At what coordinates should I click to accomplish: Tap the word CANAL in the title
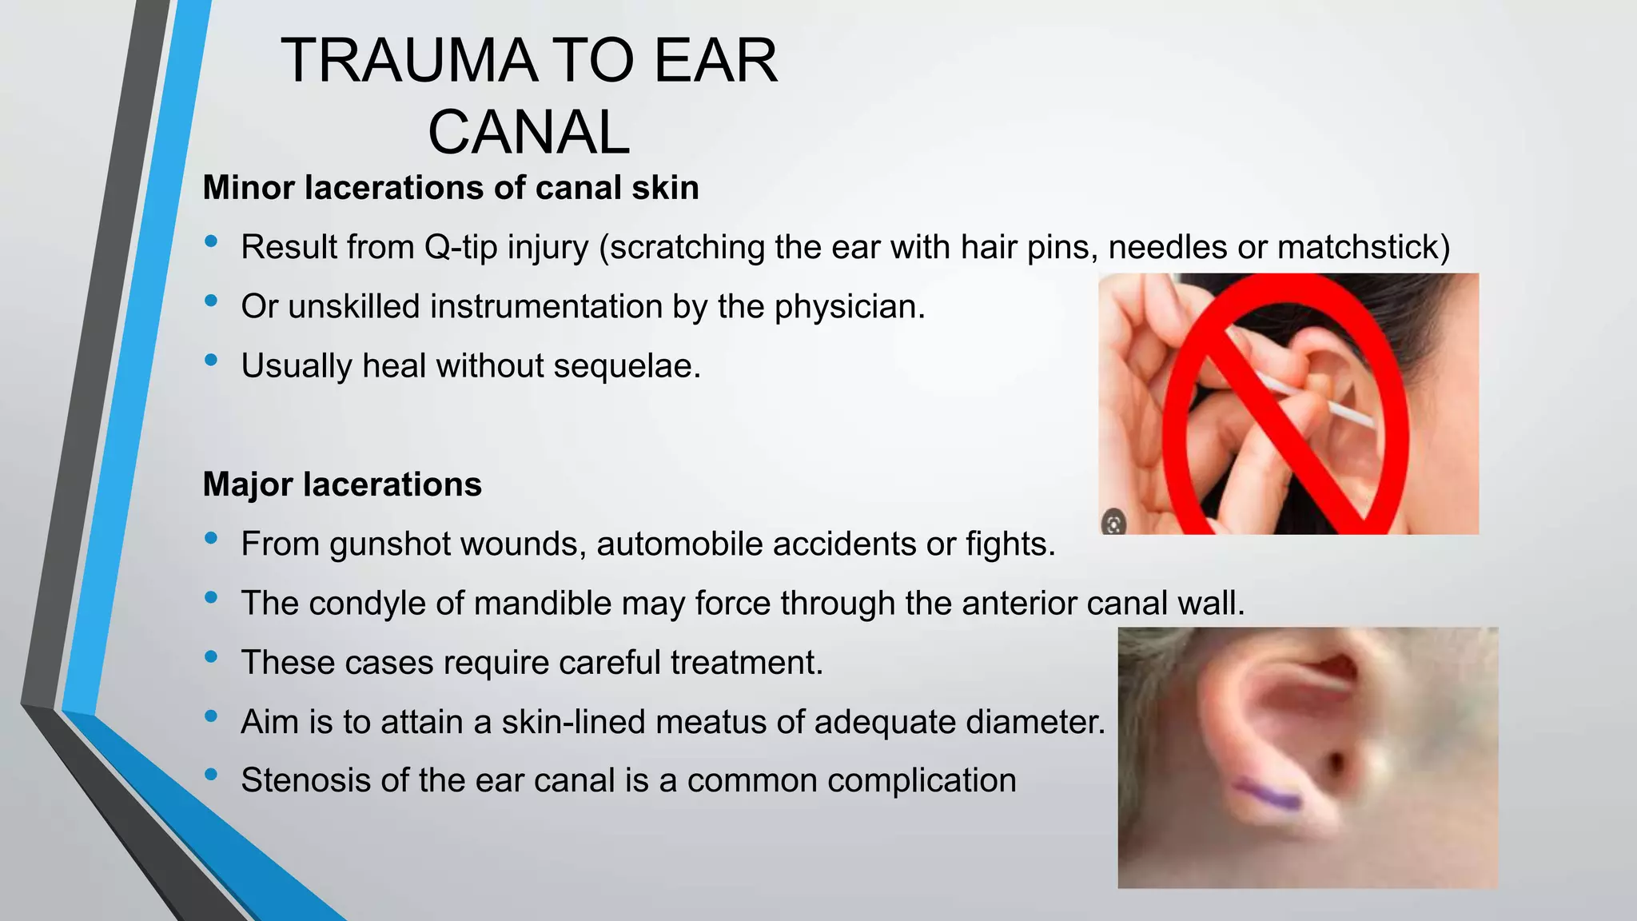tap(529, 132)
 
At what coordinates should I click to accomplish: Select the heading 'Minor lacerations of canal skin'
tap(451, 188)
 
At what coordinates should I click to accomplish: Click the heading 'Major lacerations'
tap(342, 484)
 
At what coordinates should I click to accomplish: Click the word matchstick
tap(1363, 247)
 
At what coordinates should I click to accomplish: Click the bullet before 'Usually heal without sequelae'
tap(211, 361)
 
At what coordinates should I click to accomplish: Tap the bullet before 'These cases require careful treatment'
tap(211, 657)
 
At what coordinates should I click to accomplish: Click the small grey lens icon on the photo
tap(1113, 524)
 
